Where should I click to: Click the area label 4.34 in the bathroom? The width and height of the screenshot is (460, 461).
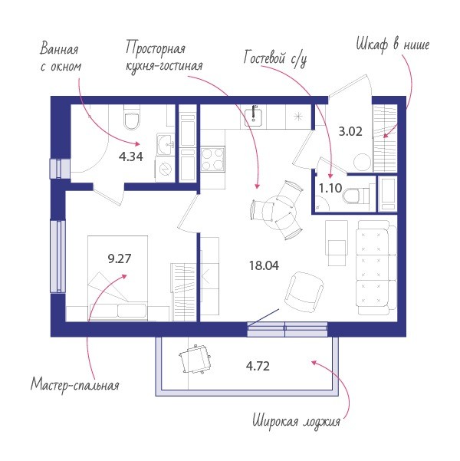[x=131, y=156]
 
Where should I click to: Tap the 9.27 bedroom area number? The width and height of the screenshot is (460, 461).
[x=120, y=258]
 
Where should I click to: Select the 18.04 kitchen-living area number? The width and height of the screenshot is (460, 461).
[x=264, y=265]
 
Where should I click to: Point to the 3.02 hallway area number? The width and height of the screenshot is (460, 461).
[x=350, y=131]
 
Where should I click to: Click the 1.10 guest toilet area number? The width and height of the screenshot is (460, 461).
[x=330, y=188]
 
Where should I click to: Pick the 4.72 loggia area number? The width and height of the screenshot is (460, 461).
[x=258, y=367]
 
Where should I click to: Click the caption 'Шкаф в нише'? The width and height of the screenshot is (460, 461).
[x=393, y=45]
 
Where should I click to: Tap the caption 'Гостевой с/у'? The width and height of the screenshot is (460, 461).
[x=275, y=58]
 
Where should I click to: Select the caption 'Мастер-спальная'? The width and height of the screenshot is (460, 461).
[x=75, y=384]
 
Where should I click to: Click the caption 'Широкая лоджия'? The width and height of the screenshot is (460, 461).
[x=297, y=421]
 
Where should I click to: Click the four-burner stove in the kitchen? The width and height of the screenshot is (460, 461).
[x=213, y=159]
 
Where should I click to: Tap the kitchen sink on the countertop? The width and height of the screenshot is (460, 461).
[x=252, y=117]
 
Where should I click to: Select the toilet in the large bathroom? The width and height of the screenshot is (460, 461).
[x=132, y=118]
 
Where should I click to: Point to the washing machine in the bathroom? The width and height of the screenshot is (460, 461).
[x=165, y=169]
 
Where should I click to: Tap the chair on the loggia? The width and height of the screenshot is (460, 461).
[x=195, y=360]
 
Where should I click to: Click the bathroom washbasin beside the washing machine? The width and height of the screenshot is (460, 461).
[x=166, y=144]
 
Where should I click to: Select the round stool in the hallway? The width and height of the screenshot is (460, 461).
[x=362, y=162]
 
